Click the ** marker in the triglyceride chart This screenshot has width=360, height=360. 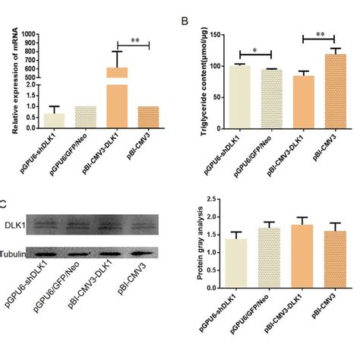[x=324, y=34]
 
